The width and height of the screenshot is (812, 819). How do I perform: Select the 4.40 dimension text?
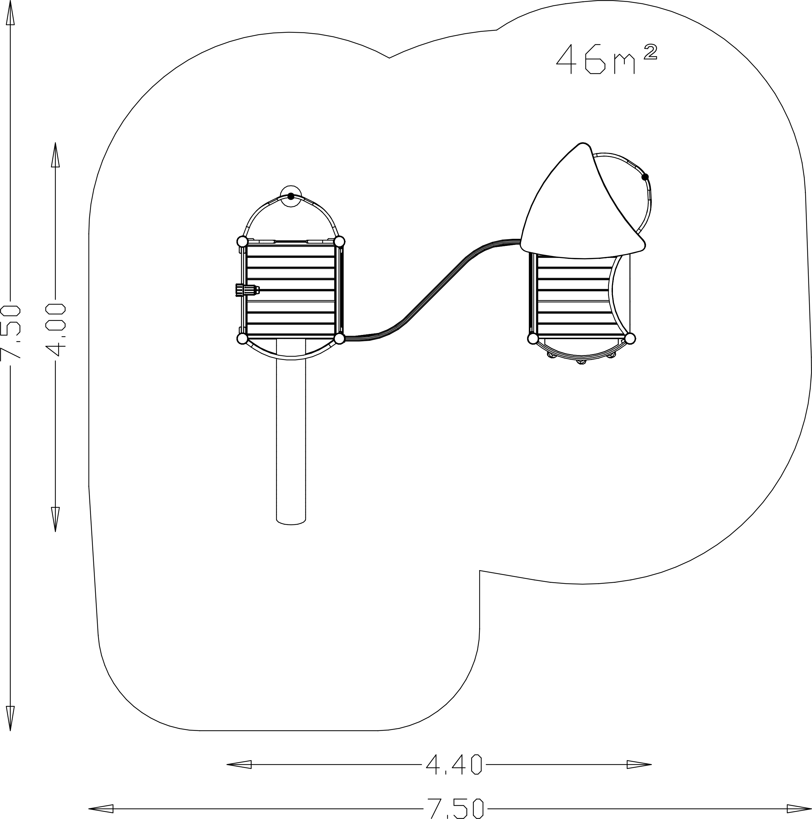coord(454,765)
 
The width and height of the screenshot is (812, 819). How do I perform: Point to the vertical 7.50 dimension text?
coord(10,332)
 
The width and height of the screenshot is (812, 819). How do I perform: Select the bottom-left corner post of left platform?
coord(242,338)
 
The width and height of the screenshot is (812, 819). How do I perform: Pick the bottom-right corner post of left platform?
coord(339,338)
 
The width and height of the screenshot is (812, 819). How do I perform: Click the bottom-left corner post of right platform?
coord(533,338)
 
